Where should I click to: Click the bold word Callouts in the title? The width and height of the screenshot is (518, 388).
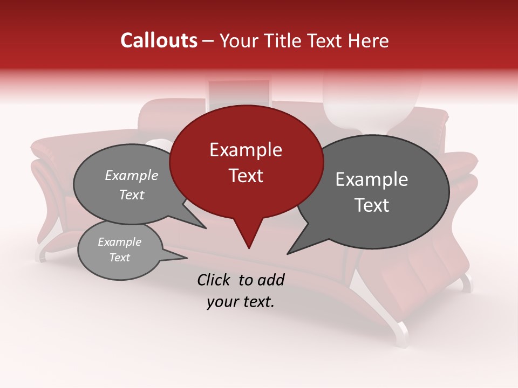point(159,41)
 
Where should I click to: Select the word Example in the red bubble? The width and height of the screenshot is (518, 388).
point(246,150)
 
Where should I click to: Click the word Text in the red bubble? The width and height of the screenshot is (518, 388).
point(246,176)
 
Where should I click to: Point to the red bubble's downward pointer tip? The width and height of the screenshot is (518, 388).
point(249,248)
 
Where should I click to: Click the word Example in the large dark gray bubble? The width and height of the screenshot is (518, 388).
point(372,179)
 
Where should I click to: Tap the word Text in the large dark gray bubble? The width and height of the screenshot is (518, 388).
point(372,205)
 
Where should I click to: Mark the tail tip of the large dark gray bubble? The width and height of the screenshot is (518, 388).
point(288,254)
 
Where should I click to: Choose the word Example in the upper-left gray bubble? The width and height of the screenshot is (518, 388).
point(132,175)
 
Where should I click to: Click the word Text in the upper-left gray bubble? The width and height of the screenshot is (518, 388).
point(132,195)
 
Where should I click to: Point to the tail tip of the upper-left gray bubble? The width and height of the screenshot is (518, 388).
point(206,228)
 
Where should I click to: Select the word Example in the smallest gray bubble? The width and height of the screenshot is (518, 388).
point(119,242)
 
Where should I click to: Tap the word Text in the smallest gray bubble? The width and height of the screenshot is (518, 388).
point(119,258)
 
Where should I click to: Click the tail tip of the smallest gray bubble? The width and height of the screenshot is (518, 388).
point(187,259)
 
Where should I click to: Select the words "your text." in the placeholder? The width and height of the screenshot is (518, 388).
point(241,302)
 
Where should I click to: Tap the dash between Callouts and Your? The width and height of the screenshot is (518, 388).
point(209,41)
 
